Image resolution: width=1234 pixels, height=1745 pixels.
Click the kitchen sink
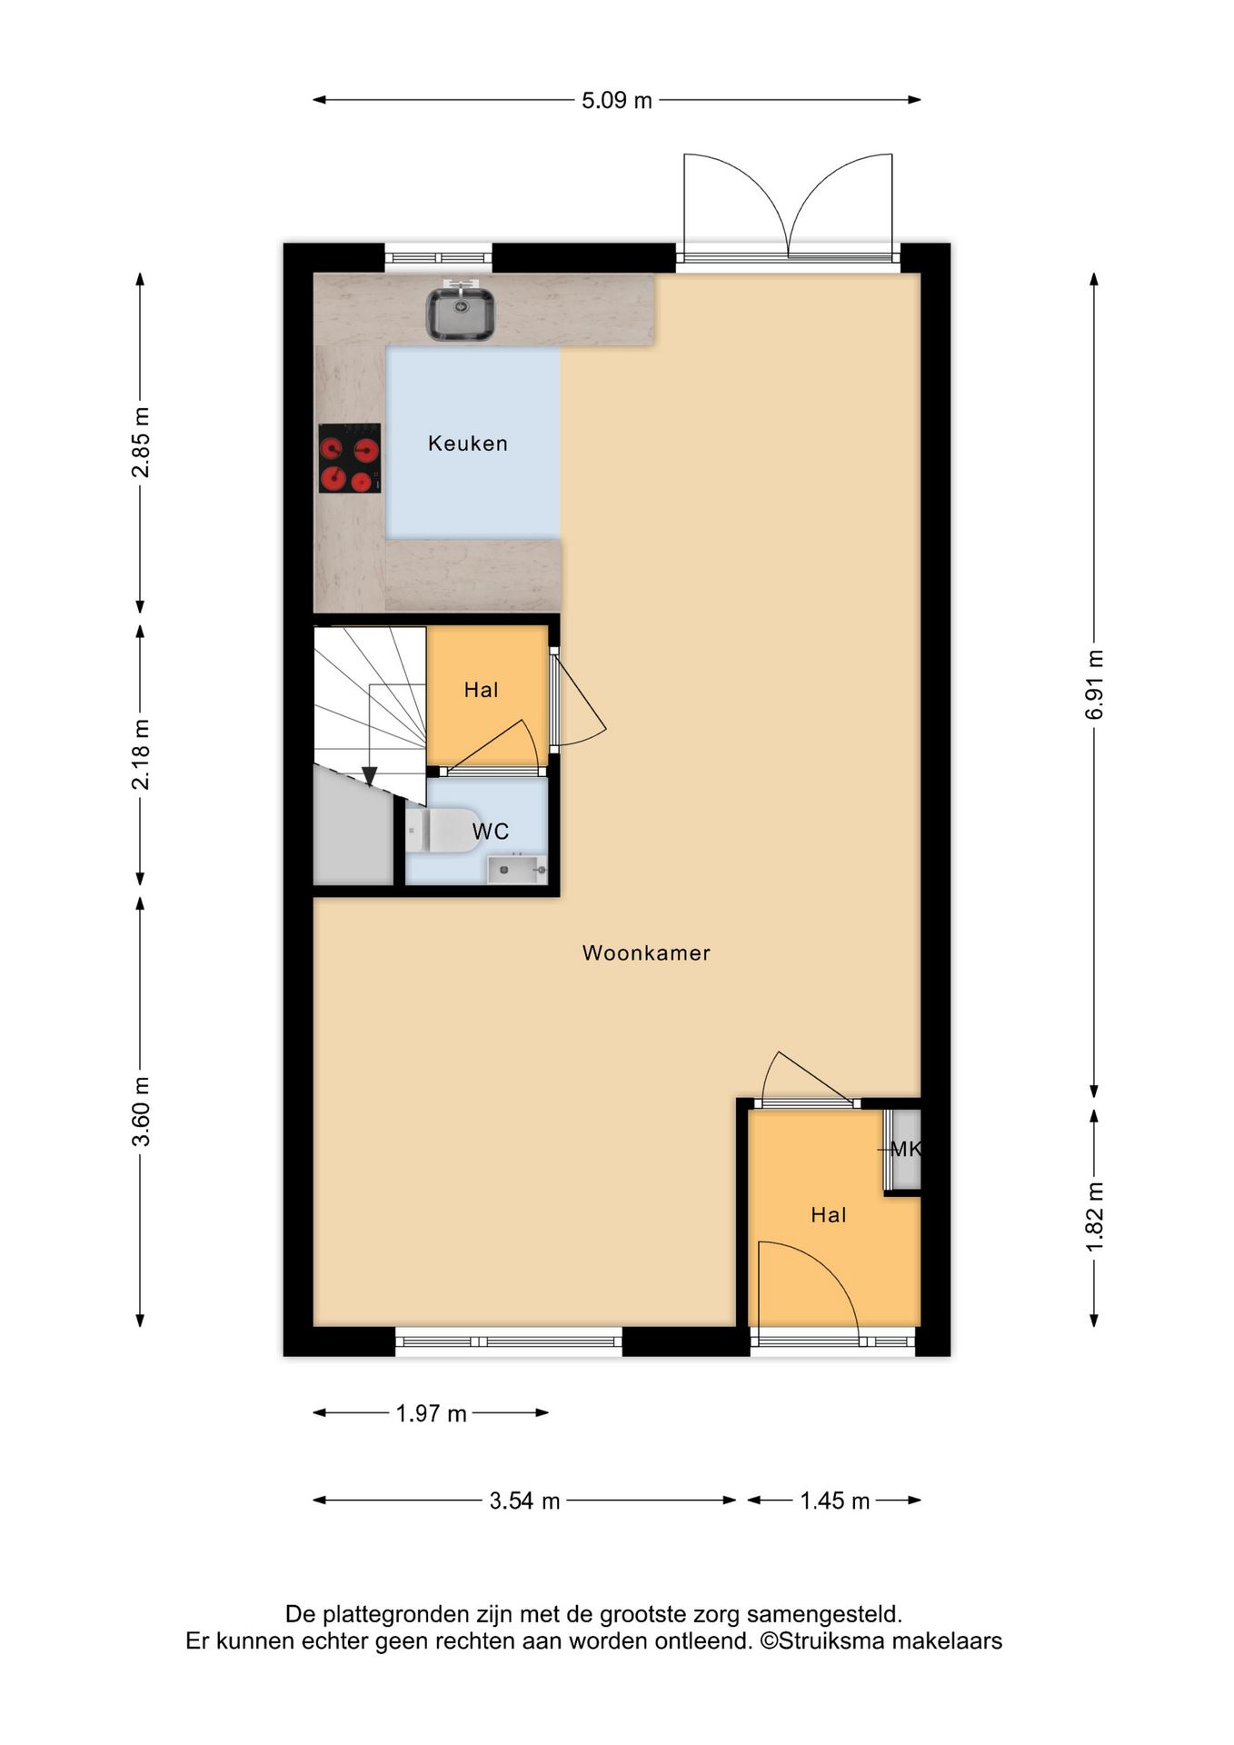point(461,312)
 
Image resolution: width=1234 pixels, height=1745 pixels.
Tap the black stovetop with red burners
point(349,458)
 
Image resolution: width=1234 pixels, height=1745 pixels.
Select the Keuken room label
point(468,444)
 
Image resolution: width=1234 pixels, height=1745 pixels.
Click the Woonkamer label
point(646,952)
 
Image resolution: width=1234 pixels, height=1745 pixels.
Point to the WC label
point(491,831)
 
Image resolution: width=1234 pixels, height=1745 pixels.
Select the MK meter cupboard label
point(906,1149)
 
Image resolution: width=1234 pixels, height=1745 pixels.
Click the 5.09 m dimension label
point(617,100)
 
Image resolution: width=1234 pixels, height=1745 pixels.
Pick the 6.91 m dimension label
point(1095,684)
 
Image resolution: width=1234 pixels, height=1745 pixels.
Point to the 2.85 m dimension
point(141,443)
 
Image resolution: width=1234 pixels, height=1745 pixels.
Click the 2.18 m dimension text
point(141,754)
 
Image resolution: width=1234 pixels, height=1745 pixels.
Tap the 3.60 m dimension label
point(141,1112)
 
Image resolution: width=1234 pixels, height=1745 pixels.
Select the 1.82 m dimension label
point(1095,1217)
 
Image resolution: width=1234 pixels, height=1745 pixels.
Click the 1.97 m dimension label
point(432,1413)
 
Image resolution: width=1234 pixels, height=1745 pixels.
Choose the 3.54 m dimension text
point(525,1501)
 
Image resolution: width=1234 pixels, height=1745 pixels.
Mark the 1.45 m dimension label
point(835,1501)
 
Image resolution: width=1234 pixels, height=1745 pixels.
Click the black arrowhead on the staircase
point(370,776)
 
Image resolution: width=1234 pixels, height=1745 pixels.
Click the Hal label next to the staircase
point(482,690)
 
